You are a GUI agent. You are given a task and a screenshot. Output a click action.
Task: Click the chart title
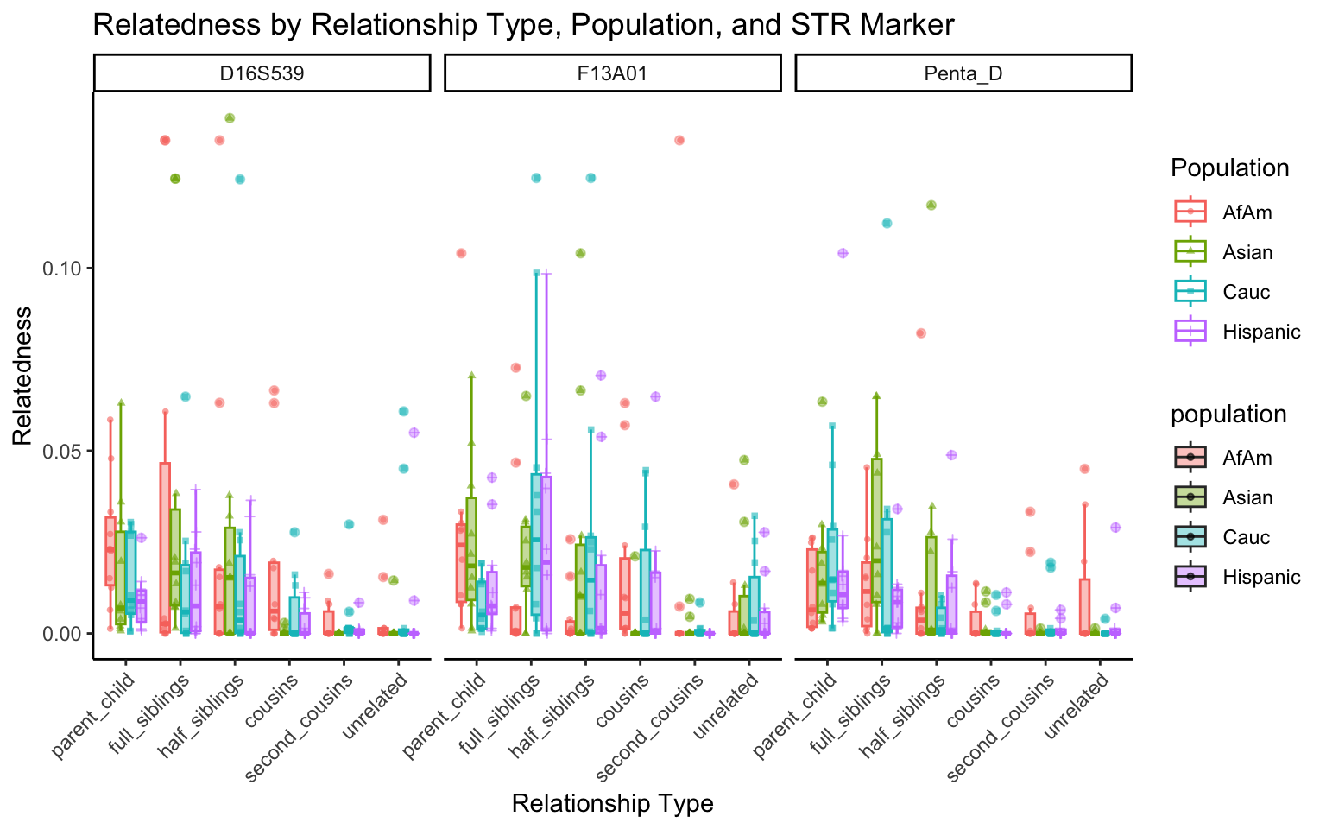pyautogui.click(x=523, y=24)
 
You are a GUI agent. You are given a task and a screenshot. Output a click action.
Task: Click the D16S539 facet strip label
pyautogui.click(x=262, y=73)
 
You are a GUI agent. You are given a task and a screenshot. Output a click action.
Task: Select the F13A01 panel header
pyautogui.click(x=612, y=73)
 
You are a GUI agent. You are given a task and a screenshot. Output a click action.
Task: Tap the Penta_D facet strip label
pyautogui.click(x=963, y=73)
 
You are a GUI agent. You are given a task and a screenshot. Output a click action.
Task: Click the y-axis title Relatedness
pyautogui.click(x=22, y=376)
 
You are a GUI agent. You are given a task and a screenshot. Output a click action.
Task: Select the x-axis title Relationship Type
pyautogui.click(x=612, y=804)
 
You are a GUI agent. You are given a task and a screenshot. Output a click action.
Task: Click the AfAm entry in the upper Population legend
pyautogui.click(x=1247, y=212)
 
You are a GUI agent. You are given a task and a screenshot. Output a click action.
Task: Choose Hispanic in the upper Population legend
pyautogui.click(x=1260, y=332)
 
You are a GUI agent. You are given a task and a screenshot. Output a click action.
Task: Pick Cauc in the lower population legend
pyautogui.click(x=1247, y=537)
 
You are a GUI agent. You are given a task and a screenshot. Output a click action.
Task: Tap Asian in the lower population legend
pyautogui.click(x=1247, y=497)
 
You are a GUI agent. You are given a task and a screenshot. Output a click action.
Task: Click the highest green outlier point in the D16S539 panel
pyautogui.click(x=230, y=118)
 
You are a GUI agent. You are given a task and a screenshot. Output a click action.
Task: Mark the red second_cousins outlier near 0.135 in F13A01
pyautogui.click(x=679, y=140)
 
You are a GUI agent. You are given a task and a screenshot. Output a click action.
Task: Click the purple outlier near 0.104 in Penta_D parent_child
pyautogui.click(x=843, y=253)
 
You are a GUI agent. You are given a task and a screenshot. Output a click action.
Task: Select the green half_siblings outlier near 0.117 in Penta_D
pyautogui.click(x=931, y=205)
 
